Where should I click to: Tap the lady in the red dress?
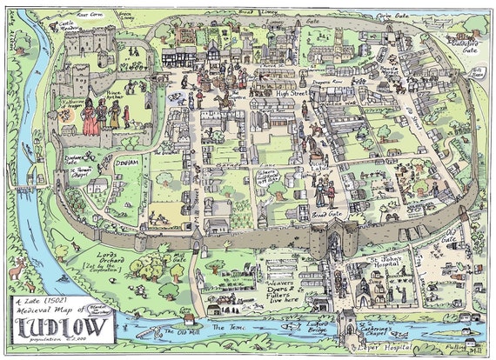(x=90, y=118)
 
